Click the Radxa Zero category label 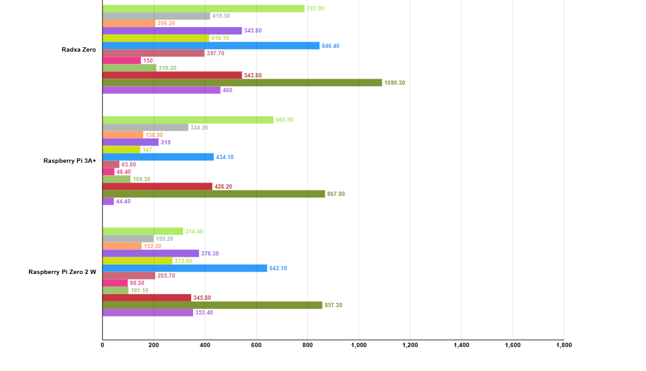tap(79, 49)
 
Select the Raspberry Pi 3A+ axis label tap(69, 161)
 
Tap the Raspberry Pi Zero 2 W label tap(62, 271)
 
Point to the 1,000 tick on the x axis tap(358, 345)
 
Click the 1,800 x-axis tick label tap(563, 345)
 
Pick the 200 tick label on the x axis tap(154, 345)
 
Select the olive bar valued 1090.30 tap(242, 83)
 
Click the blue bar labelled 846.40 tap(211, 45)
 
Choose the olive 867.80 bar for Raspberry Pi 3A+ tap(213, 194)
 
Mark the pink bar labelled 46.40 tap(108, 172)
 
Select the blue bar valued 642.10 tap(184, 268)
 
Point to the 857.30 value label tap(333, 305)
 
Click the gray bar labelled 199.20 tap(128, 239)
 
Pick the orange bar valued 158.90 tap(122, 135)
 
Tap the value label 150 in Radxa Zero tap(148, 61)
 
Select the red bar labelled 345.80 tap(147, 298)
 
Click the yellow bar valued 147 tap(121, 150)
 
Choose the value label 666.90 tap(285, 120)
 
